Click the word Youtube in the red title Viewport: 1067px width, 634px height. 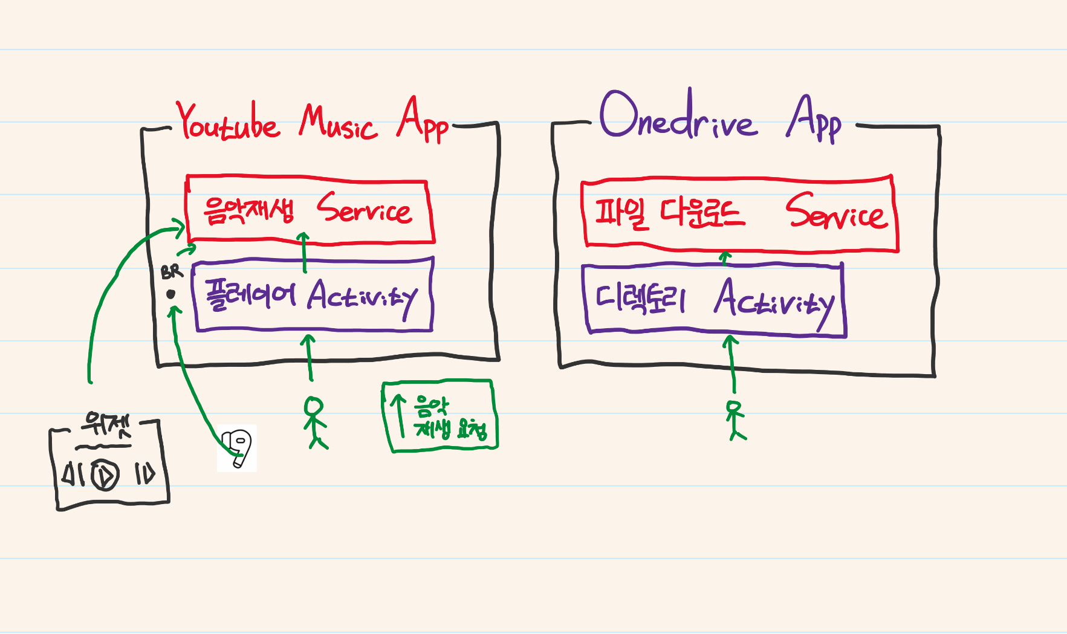(229, 123)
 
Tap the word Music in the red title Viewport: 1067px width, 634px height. (338, 124)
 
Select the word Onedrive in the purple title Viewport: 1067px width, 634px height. (677, 118)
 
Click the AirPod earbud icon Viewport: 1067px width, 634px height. (237, 448)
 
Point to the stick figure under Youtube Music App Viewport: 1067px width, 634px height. (315, 422)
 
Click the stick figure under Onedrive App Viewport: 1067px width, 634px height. (735, 420)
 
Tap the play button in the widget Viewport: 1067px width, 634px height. (105, 474)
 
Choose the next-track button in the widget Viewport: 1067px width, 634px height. (145, 474)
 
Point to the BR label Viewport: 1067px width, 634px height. (172, 272)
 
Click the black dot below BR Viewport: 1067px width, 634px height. (171, 294)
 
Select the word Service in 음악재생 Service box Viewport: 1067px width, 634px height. (365, 209)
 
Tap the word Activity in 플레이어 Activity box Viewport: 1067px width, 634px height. (362, 297)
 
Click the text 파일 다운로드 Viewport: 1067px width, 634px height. (669, 213)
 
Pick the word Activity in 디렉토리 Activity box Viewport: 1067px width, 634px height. (774, 300)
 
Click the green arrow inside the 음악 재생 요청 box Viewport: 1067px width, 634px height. (398, 415)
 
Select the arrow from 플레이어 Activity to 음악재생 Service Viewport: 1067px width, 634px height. (304, 251)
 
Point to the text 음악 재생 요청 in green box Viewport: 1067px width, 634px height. (449, 418)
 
